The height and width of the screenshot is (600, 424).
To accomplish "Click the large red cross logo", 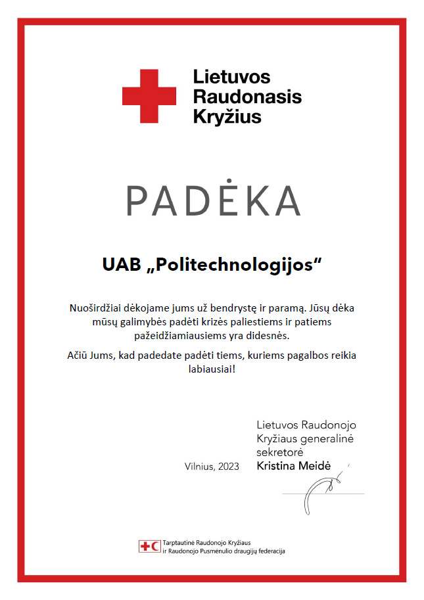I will pyautogui.click(x=149, y=96).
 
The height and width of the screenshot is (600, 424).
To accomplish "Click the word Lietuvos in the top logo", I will pyautogui.click(x=231, y=77).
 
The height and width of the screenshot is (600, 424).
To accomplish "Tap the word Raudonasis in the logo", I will pyautogui.click(x=247, y=97).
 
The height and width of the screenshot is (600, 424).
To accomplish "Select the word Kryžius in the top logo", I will pyautogui.click(x=227, y=117).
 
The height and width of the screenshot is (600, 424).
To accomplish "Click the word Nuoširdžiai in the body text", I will pyautogui.click(x=95, y=308).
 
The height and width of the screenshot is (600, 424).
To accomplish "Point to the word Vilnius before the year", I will pyautogui.click(x=200, y=466).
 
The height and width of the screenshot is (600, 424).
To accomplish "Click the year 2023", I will pyautogui.click(x=227, y=466).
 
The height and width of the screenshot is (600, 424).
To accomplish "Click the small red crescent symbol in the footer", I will pyautogui.click(x=154, y=546).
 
